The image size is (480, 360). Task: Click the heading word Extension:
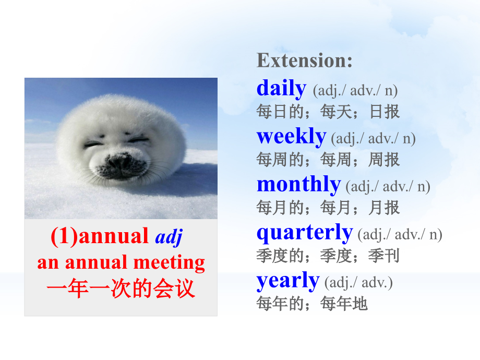pyautogui.click(x=305, y=61)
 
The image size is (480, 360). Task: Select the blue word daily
pyautogui.click(x=281, y=89)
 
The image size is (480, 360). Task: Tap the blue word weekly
pyautogui.click(x=291, y=137)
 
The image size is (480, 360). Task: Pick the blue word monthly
pyautogui.click(x=298, y=185)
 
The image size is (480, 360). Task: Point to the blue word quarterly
pyautogui.click(x=305, y=233)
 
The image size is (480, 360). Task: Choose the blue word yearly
pyautogui.click(x=287, y=281)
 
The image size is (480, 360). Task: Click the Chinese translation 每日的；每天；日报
pyautogui.click(x=328, y=111)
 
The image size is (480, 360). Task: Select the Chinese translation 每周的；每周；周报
pyautogui.click(x=328, y=159)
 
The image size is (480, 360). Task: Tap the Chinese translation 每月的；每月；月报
pyautogui.click(x=328, y=208)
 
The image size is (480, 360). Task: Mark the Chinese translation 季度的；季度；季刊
pyautogui.click(x=328, y=256)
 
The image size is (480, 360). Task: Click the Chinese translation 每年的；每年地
pyautogui.click(x=312, y=304)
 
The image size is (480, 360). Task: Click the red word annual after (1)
pyautogui.click(x=114, y=236)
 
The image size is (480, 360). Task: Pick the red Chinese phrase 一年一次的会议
pyautogui.click(x=121, y=289)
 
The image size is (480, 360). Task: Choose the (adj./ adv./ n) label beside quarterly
pyautogui.click(x=400, y=235)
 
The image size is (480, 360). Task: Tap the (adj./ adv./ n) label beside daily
pyautogui.click(x=355, y=91)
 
